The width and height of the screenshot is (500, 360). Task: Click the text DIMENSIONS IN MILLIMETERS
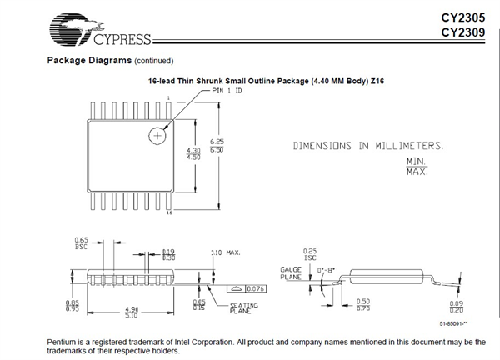coord(367,146)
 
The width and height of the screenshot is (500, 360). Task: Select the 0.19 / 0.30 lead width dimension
coord(169,255)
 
